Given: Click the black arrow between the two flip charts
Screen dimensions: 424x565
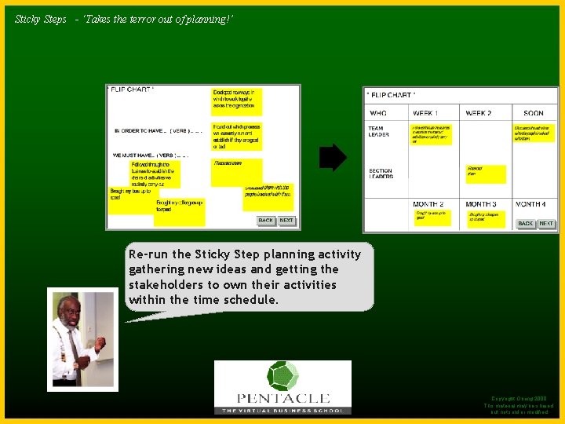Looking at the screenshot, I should click(333, 158).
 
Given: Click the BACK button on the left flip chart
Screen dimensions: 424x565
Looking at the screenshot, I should click(266, 221).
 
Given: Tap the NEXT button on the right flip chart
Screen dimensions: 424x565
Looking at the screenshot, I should click(546, 224).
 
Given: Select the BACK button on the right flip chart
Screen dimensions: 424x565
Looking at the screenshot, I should click(526, 224).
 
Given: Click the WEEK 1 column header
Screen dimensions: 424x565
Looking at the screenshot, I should click(425, 114).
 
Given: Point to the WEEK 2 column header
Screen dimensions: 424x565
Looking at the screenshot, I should click(479, 114).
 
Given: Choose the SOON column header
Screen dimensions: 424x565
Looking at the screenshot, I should click(533, 114).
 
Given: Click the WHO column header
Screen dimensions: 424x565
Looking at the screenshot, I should click(378, 114).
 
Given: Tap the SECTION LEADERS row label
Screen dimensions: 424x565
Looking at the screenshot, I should click(381, 174).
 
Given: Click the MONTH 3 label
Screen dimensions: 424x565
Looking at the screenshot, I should click(482, 204).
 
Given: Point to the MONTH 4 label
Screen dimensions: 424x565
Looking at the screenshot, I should click(530, 204).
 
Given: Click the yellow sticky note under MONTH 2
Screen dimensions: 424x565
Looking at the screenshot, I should click(432, 217).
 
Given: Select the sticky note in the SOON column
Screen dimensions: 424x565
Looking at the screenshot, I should click(534, 132).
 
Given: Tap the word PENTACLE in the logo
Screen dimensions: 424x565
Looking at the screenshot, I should click(282, 399).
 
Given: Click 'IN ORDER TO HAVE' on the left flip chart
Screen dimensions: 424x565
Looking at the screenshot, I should click(140, 131).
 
